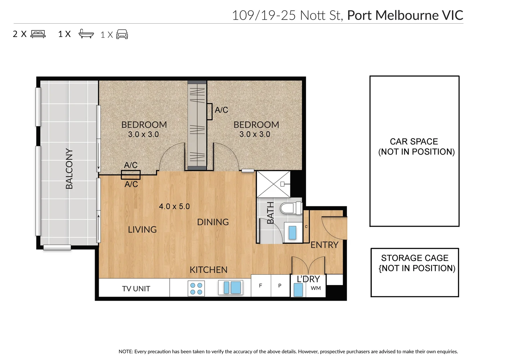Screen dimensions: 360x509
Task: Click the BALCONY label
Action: pos(69,169)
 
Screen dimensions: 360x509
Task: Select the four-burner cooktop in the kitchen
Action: pos(196,288)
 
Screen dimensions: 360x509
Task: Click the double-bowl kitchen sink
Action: pos(231,287)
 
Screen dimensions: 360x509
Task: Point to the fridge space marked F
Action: pos(260,286)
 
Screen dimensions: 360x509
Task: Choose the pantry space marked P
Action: pos(280,286)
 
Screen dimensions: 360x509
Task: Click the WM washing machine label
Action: pos(316,288)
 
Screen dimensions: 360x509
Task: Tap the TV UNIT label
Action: pos(136,289)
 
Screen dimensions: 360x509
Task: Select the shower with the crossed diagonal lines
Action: pos(273,184)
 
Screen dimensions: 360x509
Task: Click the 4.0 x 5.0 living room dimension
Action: pos(174,207)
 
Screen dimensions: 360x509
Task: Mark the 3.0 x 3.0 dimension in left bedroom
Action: pos(143,134)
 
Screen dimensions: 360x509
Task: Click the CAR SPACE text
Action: pos(414,142)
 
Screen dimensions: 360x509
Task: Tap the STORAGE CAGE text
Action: pos(415,258)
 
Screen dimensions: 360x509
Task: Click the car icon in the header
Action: pos(122,34)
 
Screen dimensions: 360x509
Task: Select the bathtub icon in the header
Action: pos(86,34)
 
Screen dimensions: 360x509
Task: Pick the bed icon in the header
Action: pos(38,34)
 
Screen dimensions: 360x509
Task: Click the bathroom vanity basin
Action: pos(292,232)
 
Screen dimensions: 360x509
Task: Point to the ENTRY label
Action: pos(324,245)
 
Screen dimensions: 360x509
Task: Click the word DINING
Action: pos(213,222)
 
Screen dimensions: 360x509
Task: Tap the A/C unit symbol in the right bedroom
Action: pos(210,111)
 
